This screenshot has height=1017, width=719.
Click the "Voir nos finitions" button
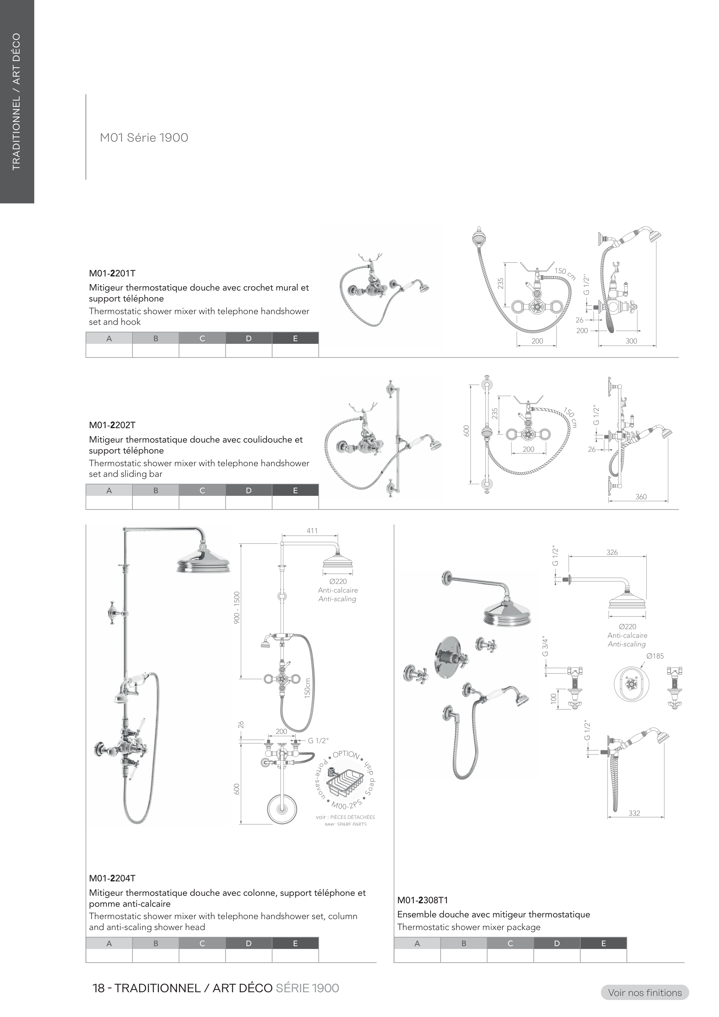coord(645,993)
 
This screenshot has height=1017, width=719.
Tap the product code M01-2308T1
coord(423,900)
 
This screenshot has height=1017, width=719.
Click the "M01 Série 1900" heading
coord(144,138)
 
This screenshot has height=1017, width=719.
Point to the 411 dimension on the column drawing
coord(312,531)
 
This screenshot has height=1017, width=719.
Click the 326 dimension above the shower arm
coord(612,552)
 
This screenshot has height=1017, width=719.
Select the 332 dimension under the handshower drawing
coord(634,813)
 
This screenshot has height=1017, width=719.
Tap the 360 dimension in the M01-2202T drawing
coord(641,497)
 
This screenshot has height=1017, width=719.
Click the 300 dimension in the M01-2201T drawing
coord(631,341)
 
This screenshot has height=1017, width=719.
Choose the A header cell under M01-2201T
coord(109,338)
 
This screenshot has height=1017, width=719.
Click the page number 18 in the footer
coord(98,988)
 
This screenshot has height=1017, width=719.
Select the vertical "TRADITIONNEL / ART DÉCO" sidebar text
coord(16,102)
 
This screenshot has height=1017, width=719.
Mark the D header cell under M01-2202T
coord(248,490)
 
